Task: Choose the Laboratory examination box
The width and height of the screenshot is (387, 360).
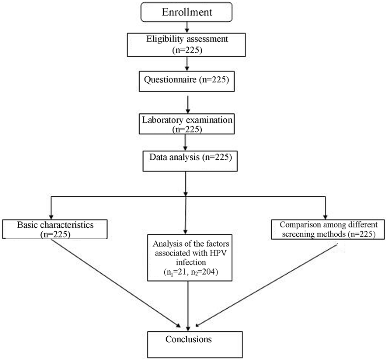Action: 185,123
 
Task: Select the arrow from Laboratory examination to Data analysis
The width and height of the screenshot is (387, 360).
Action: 185,143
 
